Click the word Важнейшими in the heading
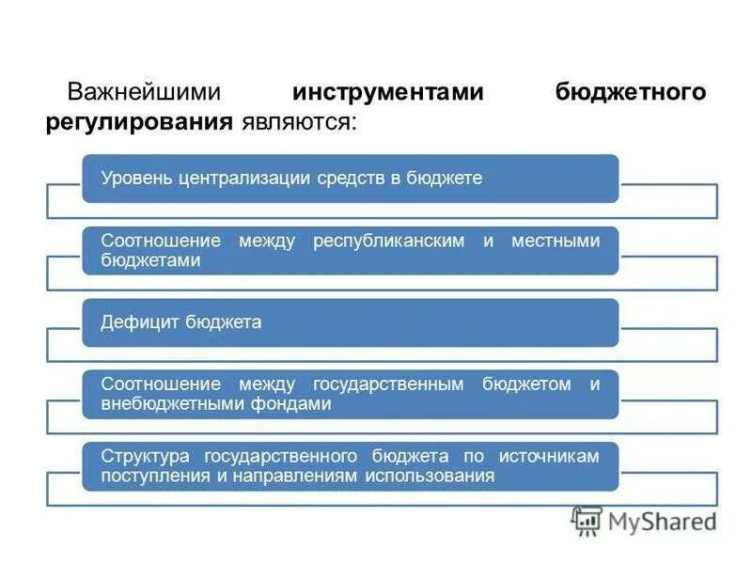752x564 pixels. [142, 92]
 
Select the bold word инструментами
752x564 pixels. [387, 92]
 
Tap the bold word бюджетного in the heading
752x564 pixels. [630, 92]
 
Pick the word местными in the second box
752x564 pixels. [555, 242]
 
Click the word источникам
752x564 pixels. [549, 456]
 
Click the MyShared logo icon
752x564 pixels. [587, 520]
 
